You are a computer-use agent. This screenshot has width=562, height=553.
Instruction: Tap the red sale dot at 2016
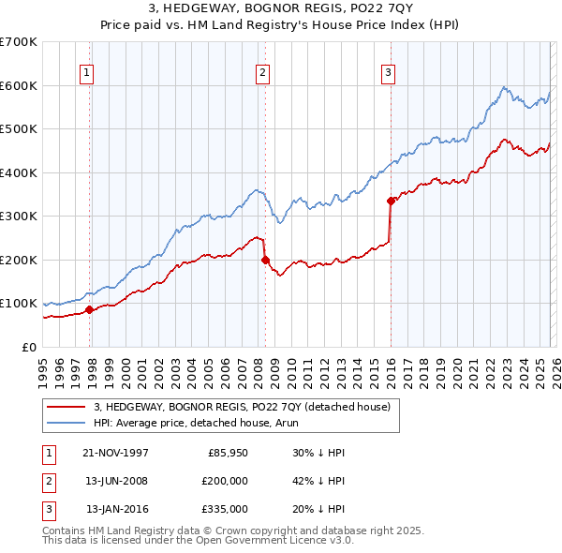click(391, 200)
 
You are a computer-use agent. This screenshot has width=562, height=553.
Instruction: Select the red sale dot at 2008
click(265, 260)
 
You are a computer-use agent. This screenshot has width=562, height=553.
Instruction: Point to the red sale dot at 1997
click(90, 309)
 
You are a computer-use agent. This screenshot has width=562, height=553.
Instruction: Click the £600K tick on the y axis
click(19, 85)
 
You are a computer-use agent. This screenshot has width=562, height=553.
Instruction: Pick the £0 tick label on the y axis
click(28, 347)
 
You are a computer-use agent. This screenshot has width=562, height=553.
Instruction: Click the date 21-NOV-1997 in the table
click(115, 453)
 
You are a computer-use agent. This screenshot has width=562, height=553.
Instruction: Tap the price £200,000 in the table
click(225, 481)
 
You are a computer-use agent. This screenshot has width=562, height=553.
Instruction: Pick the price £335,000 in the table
click(225, 509)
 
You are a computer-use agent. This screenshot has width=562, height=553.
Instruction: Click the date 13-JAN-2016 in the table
click(116, 509)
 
